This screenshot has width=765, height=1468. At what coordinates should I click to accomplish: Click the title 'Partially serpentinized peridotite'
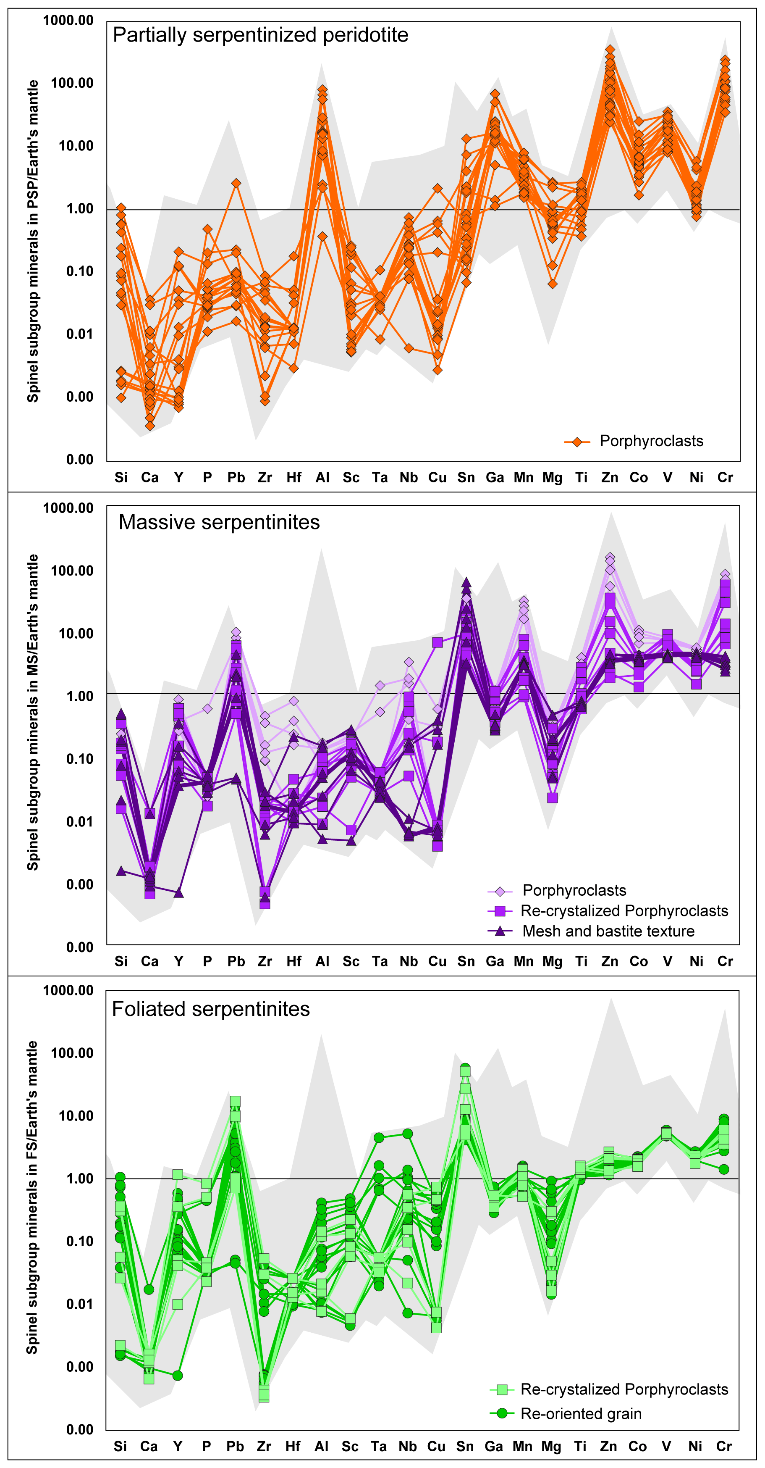[260, 35]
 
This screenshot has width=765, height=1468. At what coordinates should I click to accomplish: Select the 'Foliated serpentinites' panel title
[211, 1009]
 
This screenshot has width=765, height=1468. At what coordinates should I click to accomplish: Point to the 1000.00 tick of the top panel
[68, 21]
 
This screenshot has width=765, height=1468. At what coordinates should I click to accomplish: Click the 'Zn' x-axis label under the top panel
[610, 478]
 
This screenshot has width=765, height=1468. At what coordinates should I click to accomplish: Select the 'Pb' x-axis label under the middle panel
[236, 961]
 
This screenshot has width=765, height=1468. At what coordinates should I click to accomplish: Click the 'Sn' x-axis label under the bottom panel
[465, 1446]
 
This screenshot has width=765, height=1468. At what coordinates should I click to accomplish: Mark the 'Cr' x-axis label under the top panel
[725, 478]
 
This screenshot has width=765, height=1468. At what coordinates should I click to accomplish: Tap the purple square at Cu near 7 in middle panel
[437, 643]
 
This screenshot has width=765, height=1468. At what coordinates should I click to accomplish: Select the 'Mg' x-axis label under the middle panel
[552, 961]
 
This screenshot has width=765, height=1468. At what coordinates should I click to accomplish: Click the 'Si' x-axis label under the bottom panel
[120, 1446]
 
